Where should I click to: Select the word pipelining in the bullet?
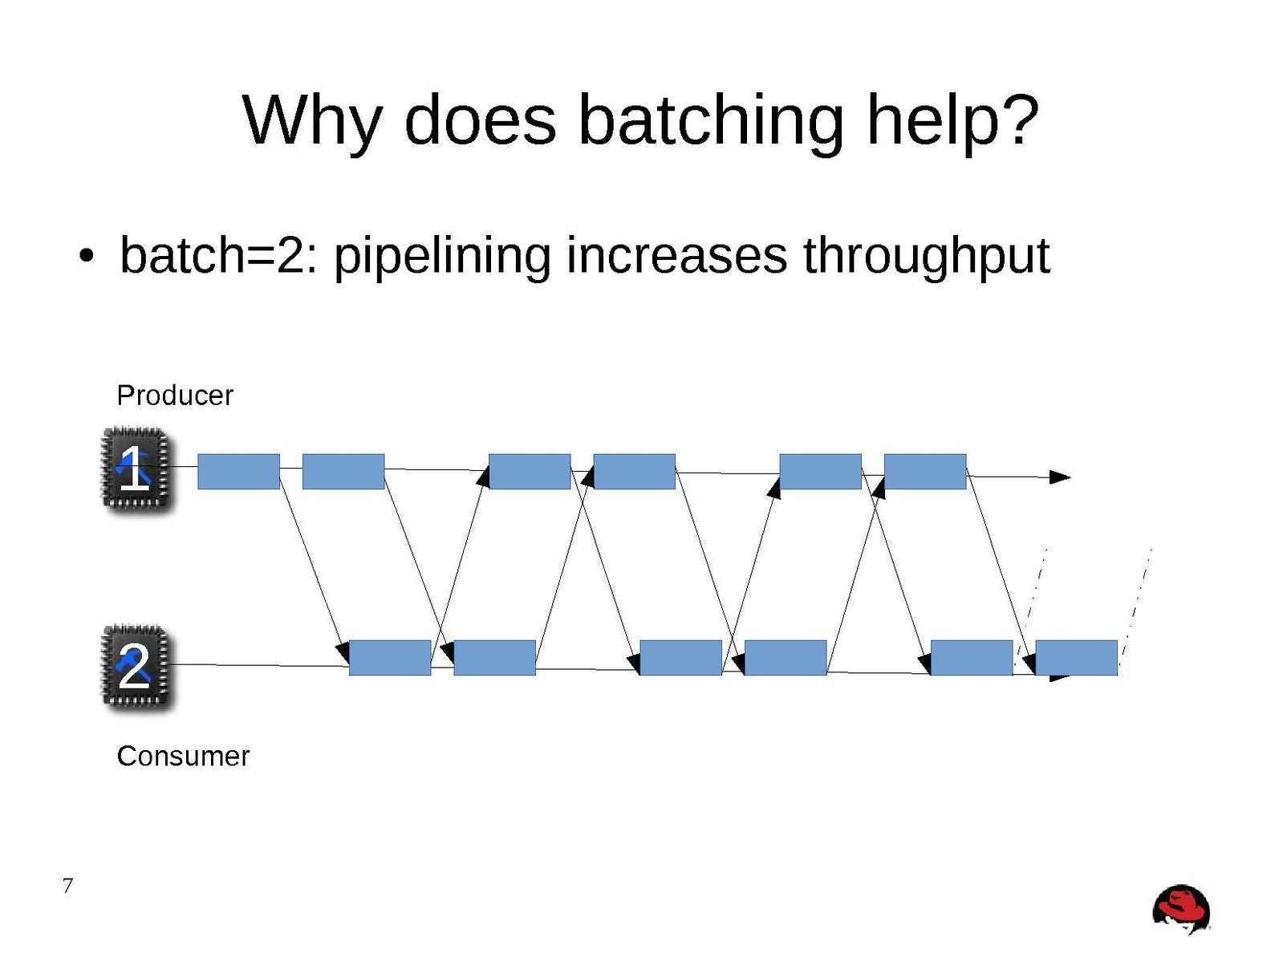[x=441, y=257]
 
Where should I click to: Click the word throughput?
[x=926, y=257]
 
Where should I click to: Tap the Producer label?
[x=174, y=395]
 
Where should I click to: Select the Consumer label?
[x=183, y=756]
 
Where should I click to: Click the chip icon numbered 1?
[x=136, y=469]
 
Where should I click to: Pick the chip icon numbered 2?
[x=136, y=667]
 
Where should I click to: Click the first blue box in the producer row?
[x=238, y=471]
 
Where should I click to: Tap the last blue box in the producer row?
[x=924, y=471]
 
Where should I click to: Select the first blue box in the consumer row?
[x=389, y=657]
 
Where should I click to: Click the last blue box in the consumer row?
[x=1075, y=657]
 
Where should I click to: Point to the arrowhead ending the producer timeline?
[x=1061, y=477]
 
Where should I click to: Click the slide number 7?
[x=67, y=886]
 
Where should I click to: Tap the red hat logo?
[x=1181, y=910]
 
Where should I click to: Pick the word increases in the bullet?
[x=676, y=257]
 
